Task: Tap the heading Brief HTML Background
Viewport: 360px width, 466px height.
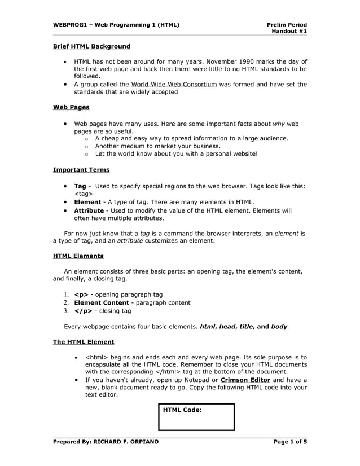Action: (x=91, y=46)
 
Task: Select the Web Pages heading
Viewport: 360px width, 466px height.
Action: (x=71, y=107)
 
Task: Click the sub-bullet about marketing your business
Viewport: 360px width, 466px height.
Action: (x=157, y=146)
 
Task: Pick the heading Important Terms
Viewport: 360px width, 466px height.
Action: (x=81, y=169)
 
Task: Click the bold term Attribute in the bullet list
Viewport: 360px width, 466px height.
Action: (x=89, y=210)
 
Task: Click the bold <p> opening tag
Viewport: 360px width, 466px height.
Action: (x=81, y=294)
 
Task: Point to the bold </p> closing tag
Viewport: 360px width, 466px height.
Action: (x=82, y=311)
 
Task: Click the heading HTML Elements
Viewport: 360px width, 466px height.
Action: (x=78, y=256)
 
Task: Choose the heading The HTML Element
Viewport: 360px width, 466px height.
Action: (x=84, y=342)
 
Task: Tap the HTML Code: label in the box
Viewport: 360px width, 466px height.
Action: (x=182, y=410)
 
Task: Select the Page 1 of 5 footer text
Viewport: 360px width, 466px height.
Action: (x=290, y=442)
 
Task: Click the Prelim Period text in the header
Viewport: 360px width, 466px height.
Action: (x=287, y=25)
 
